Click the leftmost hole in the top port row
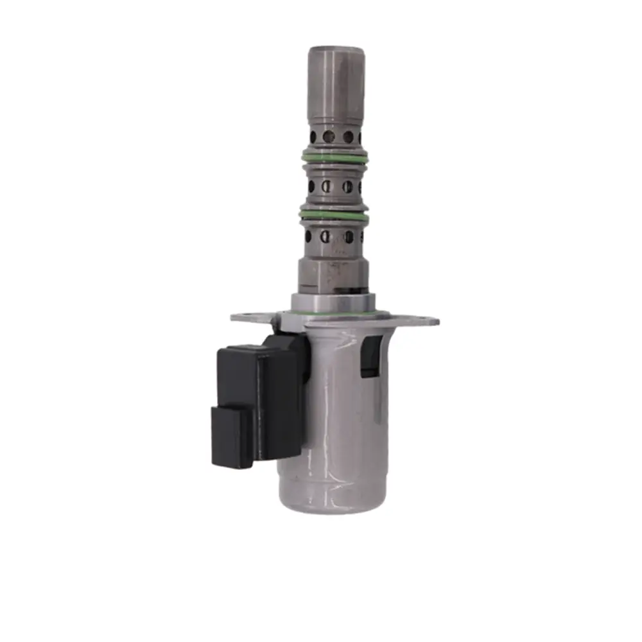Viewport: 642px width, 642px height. (x=313, y=136)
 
